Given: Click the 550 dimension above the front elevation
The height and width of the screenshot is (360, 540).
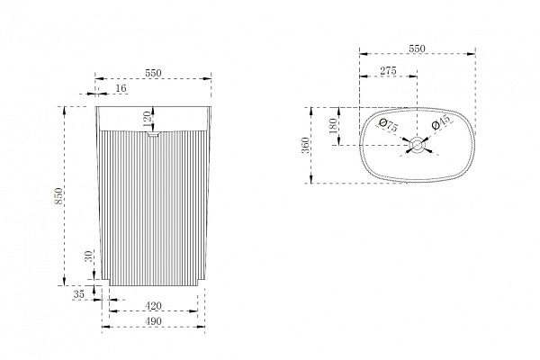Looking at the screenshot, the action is (x=153, y=73).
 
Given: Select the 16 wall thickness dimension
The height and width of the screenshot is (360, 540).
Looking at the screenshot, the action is (x=121, y=88).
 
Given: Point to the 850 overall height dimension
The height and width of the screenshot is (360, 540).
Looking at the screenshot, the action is (x=58, y=195).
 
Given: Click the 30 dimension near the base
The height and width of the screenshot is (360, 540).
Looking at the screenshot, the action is (x=89, y=256).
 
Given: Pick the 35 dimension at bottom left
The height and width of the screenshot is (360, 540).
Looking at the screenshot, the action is (x=79, y=294).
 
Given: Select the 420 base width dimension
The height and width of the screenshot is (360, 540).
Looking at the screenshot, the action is (x=153, y=306).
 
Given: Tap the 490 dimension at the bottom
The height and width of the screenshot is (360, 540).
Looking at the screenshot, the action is (x=153, y=321).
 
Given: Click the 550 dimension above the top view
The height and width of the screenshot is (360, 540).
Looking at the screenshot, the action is (x=417, y=49).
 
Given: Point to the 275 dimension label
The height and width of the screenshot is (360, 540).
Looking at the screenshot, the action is (x=389, y=70).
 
